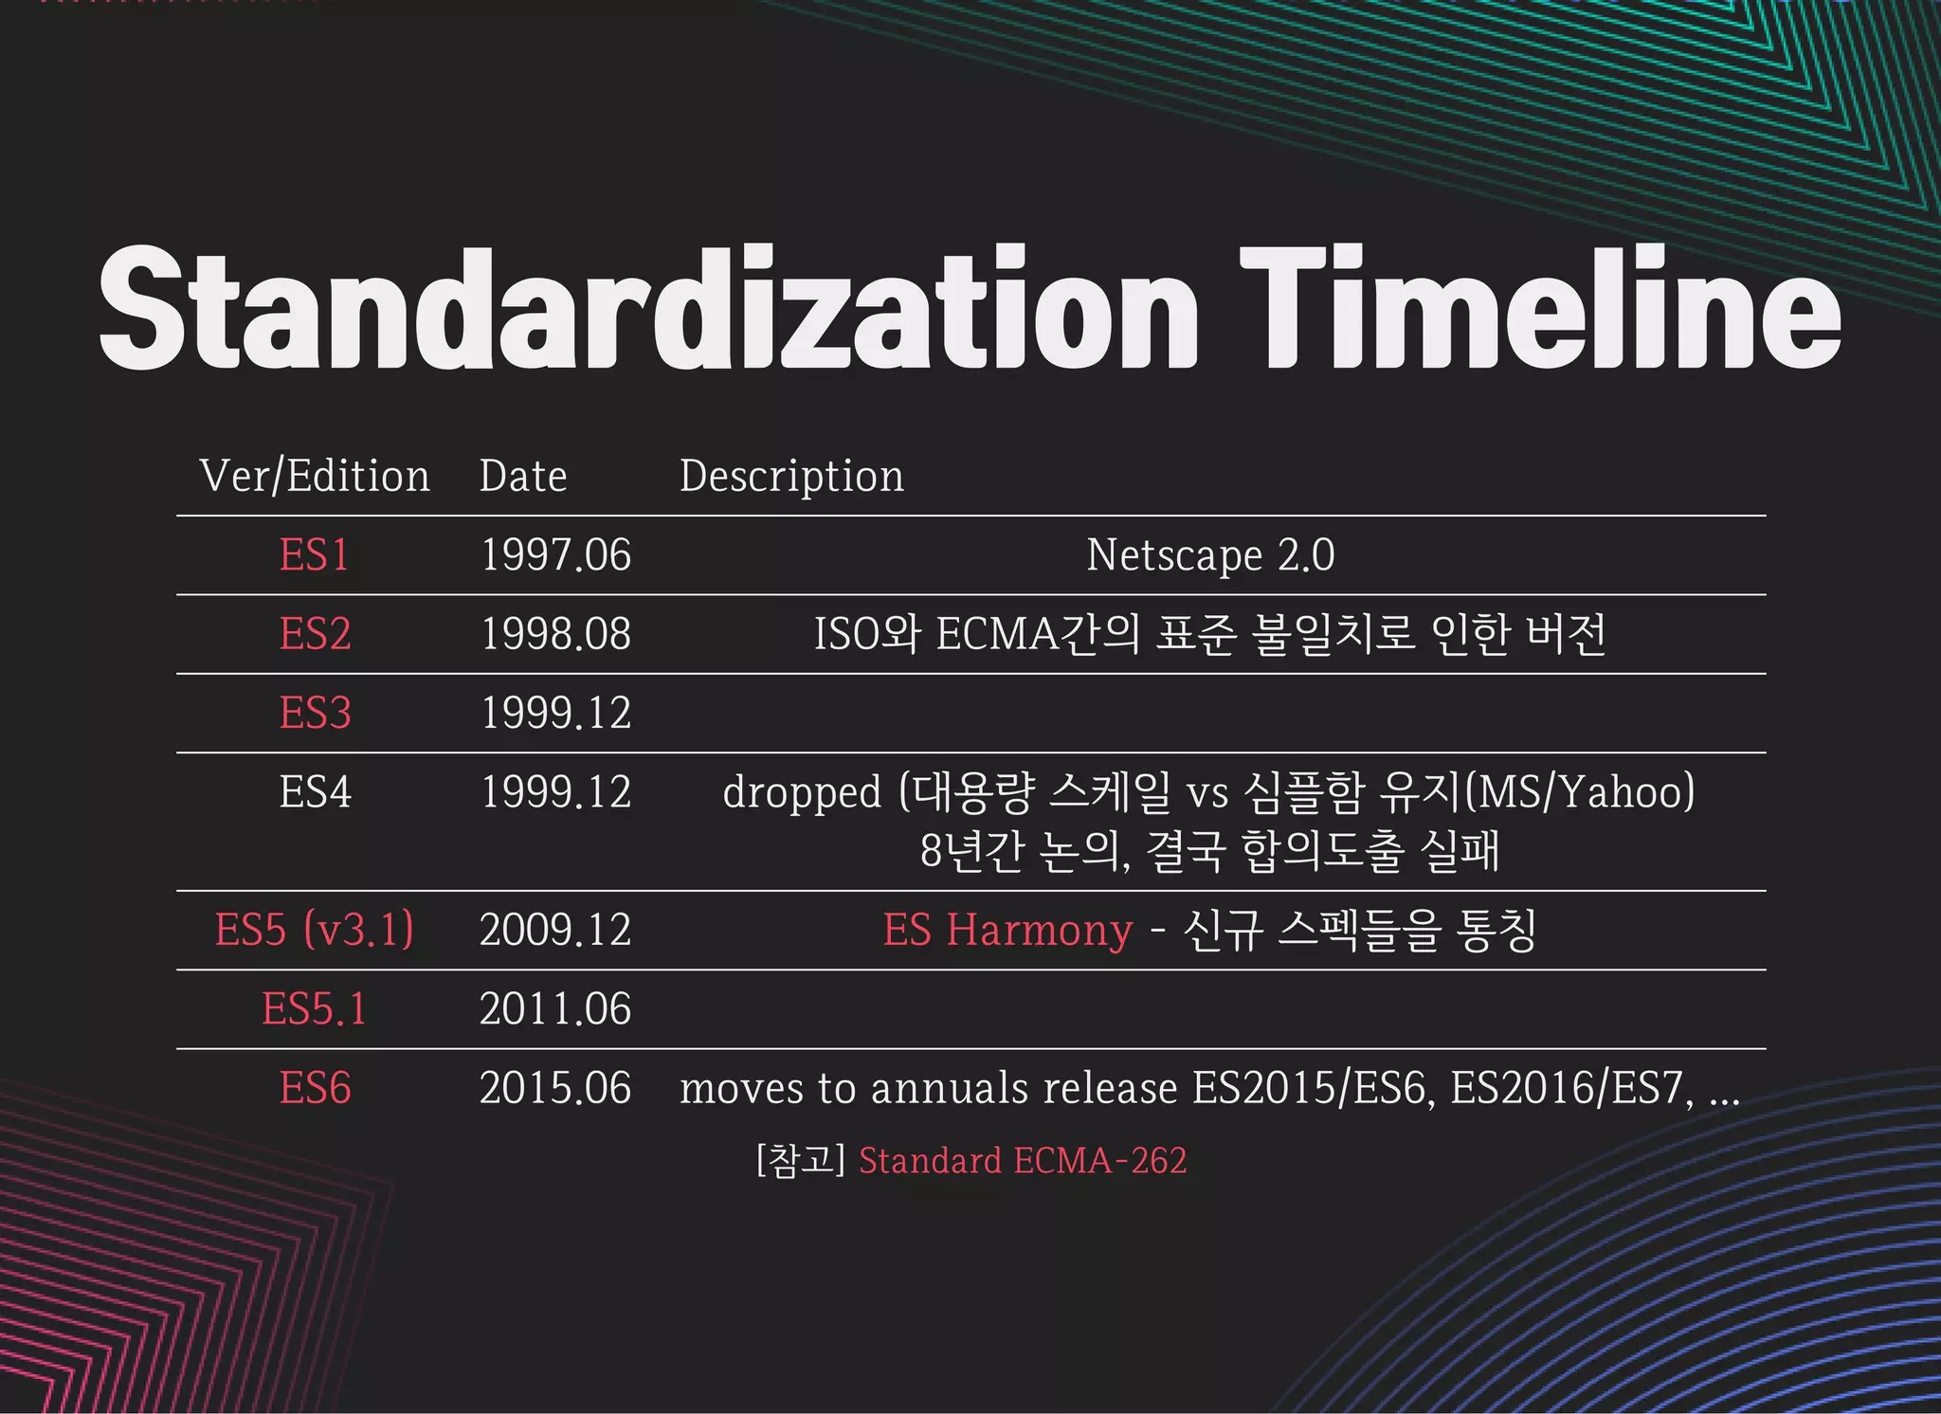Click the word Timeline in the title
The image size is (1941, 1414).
(1539, 308)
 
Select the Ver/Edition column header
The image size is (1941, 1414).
(315, 476)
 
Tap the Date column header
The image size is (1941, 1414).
(523, 476)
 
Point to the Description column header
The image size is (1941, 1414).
(791, 476)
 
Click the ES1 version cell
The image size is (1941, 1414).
(315, 555)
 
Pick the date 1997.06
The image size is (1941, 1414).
(555, 555)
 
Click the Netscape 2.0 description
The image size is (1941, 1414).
(1210, 555)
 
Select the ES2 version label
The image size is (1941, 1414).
(315, 634)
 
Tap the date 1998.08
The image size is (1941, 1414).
(555, 634)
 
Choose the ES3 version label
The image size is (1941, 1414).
(315, 713)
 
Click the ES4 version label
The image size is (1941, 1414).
(315, 792)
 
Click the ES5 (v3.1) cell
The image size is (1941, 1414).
(315, 930)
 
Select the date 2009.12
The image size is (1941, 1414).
(555, 930)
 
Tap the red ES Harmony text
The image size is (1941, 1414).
(1007, 930)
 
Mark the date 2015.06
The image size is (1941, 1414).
(555, 1088)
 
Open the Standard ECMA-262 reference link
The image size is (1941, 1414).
(1022, 1161)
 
